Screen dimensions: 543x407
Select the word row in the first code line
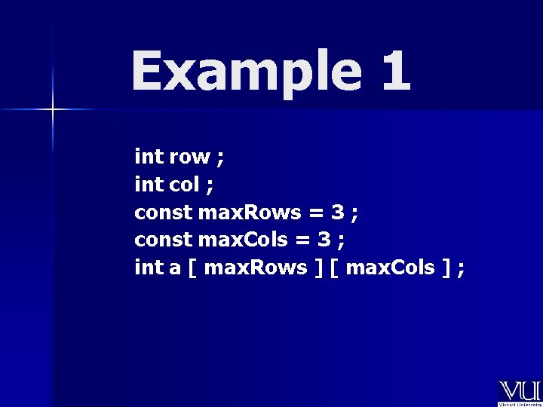189,158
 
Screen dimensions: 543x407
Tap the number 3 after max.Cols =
324,240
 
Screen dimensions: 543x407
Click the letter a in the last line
175,268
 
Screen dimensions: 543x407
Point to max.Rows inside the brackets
256,268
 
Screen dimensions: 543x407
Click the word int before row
149,158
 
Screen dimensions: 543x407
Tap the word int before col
149,185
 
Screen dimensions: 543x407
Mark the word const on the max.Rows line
163,213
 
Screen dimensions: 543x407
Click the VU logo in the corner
519,392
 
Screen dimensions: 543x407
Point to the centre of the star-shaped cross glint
53,110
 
